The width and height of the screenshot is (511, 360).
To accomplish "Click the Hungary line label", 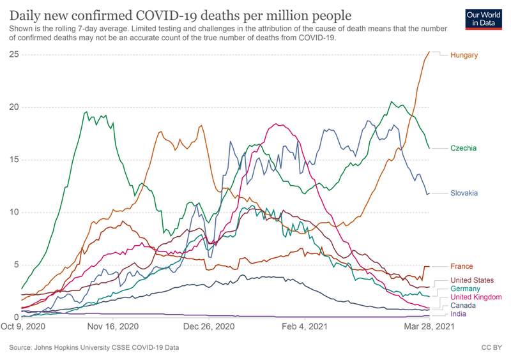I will pos(464,56).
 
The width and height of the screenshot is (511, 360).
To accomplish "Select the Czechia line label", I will pos(463,148).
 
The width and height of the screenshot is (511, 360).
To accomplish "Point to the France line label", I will pos(462,266).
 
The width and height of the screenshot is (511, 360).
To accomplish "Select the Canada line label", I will pos(464,306).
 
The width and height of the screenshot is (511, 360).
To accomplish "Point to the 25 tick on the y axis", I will pos(13,54).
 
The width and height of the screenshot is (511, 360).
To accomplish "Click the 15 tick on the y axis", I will pos(13,160).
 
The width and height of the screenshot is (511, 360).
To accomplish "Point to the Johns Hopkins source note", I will pos(94,348).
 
